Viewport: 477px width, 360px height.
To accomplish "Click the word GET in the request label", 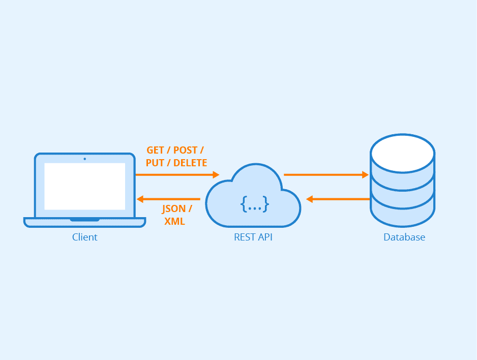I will (155, 151).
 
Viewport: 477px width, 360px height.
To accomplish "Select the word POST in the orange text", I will (186, 151).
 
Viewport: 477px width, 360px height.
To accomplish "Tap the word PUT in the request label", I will (155, 163).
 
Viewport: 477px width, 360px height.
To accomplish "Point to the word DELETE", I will (190, 163).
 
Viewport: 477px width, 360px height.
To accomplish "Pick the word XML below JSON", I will (174, 222).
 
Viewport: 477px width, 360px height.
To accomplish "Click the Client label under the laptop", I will (84, 237).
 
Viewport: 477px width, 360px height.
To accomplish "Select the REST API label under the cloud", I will (253, 237).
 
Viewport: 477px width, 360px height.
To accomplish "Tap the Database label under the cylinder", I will (404, 237).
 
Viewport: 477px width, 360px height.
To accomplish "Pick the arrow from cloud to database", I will (325, 175).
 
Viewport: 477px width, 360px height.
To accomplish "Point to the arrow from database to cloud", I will (338, 199).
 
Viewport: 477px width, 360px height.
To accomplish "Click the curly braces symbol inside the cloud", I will (254, 204).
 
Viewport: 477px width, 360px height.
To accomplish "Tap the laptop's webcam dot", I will (84, 159).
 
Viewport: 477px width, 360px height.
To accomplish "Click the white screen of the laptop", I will (84, 186).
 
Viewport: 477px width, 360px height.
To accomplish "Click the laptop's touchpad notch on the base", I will (84, 220).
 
